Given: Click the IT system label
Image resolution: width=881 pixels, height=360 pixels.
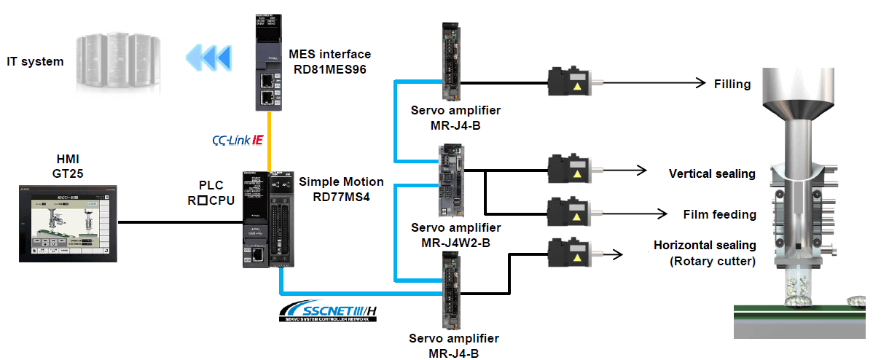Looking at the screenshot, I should tap(35, 62).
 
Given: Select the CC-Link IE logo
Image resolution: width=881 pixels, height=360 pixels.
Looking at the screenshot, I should tap(237, 138).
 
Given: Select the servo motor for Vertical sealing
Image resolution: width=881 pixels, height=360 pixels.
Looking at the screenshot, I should tap(568, 170).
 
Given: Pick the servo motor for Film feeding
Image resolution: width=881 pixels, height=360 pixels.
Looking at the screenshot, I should tap(568, 211).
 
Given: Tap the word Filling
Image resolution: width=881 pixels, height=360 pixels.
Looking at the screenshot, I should tap(732, 84).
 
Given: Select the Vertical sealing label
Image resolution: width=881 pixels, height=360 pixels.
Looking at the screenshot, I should tap(712, 173).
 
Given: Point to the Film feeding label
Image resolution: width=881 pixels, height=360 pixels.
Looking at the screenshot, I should tap(719, 214).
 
